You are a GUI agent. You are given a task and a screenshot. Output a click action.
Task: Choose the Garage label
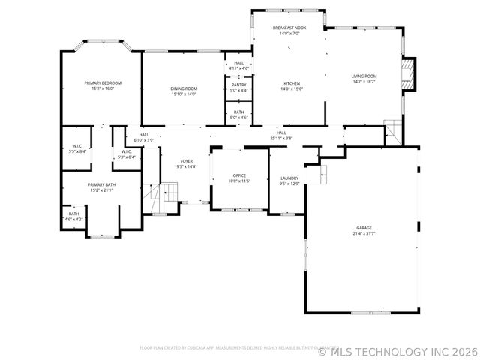point(364,228)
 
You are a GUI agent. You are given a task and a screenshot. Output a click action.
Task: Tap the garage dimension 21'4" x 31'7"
point(364,233)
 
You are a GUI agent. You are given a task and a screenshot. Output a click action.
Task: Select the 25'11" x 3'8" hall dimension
point(281,138)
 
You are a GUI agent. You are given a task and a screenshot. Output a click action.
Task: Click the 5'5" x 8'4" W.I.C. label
point(77,151)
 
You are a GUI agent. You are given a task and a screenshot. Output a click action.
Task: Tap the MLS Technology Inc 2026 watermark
point(397,350)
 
